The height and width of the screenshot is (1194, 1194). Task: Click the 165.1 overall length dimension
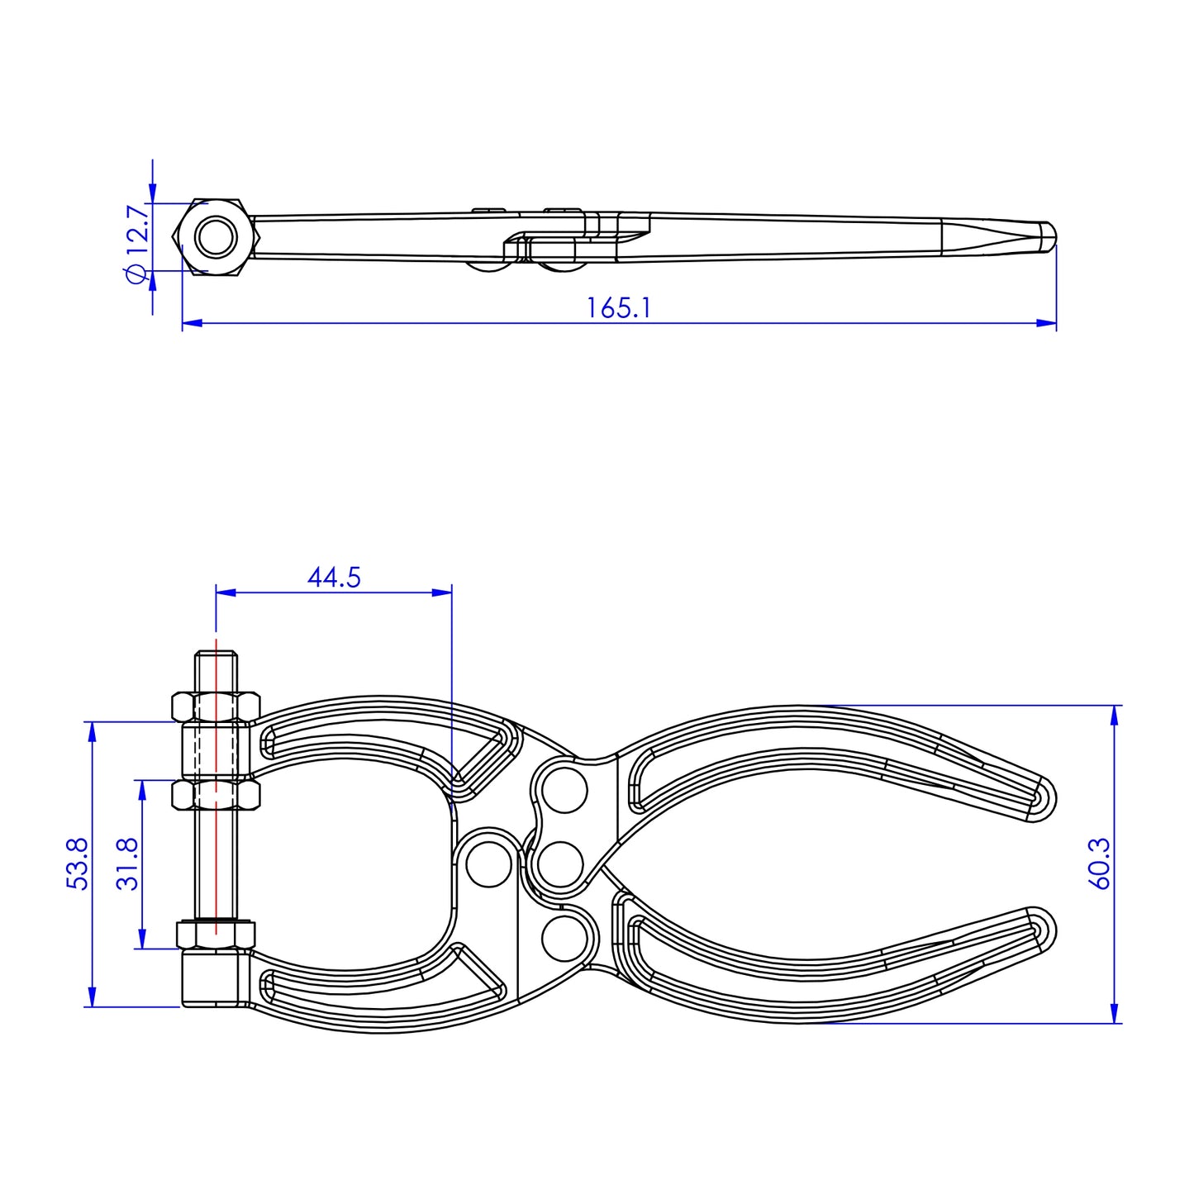point(619,308)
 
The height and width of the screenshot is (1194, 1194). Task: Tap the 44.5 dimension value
point(334,577)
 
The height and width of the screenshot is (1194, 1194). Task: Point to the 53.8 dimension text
point(77,863)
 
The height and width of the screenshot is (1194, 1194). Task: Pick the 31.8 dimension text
point(128,863)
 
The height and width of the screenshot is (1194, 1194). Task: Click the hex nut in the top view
point(216,237)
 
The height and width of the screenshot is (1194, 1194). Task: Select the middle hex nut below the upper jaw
point(216,795)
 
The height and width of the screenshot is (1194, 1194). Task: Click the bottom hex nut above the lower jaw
point(216,935)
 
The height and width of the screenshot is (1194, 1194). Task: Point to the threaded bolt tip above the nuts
point(216,665)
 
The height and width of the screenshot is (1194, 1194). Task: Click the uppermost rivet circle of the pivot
point(565,791)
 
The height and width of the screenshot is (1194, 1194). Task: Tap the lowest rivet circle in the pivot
point(564,938)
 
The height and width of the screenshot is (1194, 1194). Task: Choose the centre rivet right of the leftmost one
point(560,864)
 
